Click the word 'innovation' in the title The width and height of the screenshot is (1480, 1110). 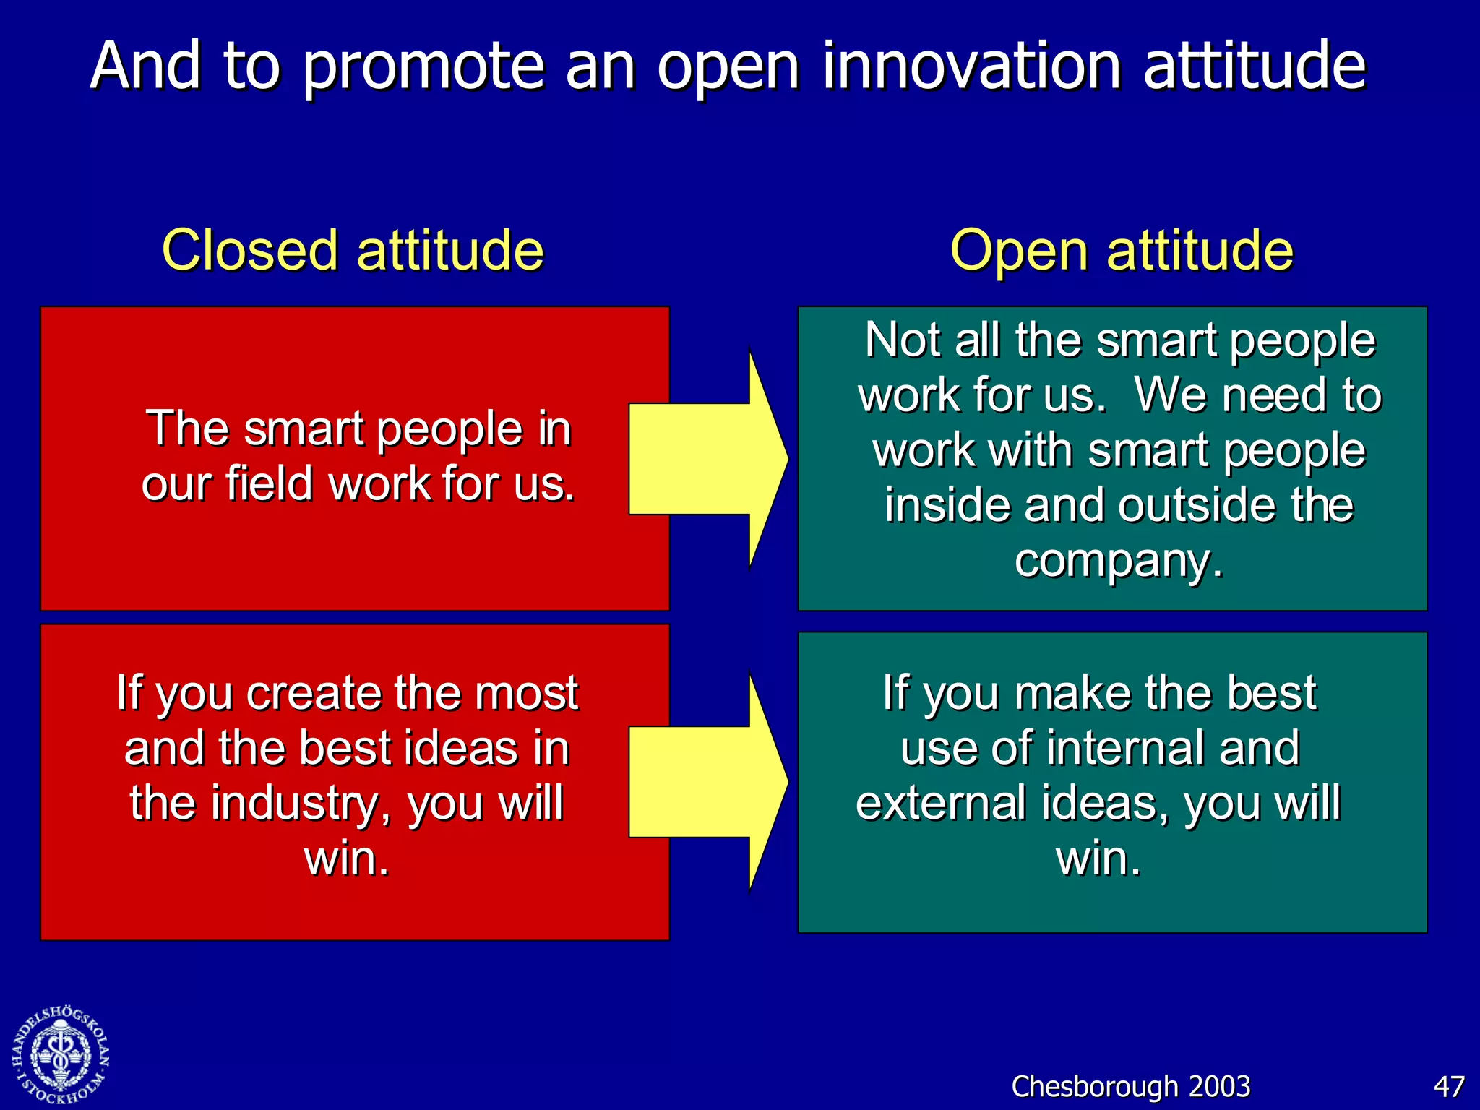coord(972,66)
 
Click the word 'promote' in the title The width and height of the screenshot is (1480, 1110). coord(422,66)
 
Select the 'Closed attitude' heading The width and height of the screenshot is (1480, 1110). coord(353,250)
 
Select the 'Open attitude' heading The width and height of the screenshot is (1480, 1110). coord(1121,250)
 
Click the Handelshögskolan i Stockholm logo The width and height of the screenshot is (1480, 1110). coord(61,1056)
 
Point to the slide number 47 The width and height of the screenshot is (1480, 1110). coord(1448,1086)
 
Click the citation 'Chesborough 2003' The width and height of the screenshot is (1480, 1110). coord(1130,1086)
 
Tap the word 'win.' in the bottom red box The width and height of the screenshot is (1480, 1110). coord(347,858)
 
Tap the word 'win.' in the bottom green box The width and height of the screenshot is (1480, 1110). coord(1098,858)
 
